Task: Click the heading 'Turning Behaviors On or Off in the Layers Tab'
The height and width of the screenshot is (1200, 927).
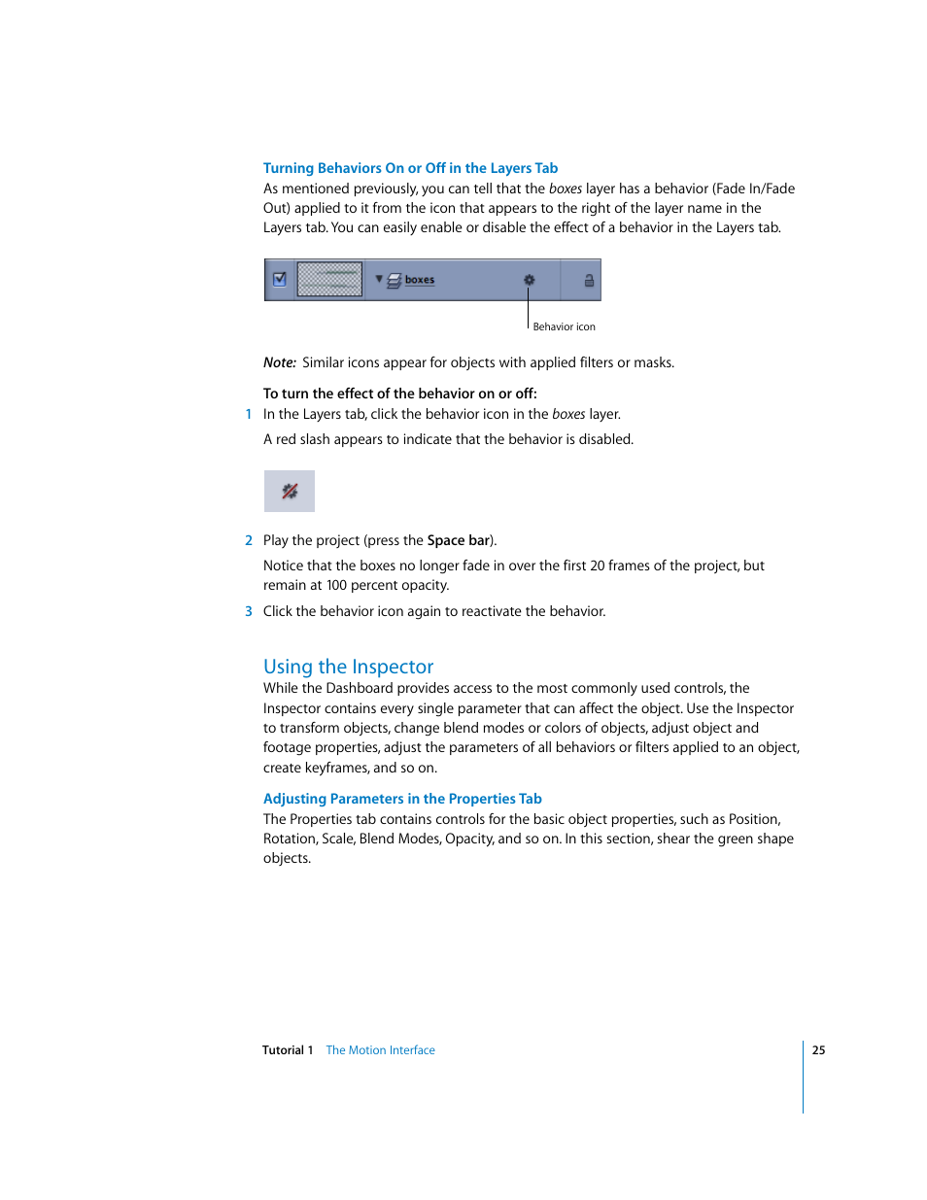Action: pyautogui.click(x=410, y=168)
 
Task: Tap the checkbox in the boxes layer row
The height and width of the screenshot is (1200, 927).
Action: pyautogui.click(x=280, y=279)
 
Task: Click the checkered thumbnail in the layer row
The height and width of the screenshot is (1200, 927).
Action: pyautogui.click(x=329, y=279)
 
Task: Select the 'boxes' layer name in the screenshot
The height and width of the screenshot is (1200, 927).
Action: pyautogui.click(x=420, y=280)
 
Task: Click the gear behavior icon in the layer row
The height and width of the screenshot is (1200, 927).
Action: pyautogui.click(x=530, y=280)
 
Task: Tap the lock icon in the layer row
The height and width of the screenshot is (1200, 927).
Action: pyautogui.click(x=589, y=280)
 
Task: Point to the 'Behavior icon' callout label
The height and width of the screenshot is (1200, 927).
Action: pyautogui.click(x=564, y=326)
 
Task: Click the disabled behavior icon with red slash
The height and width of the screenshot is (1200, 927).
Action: pyautogui.click(x=290, y=491)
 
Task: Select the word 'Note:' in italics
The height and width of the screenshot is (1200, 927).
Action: pyautogui.click(x=280, y=362)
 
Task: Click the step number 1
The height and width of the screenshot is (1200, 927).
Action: pyautogui.click(x=249, y=414)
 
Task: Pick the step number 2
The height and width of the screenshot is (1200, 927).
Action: pyautogui.click(x=249, y=540)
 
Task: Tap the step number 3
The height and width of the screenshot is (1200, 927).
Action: pyautogui.click(x=249, y=611)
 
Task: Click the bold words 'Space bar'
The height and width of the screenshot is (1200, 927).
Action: pyautogui.click(x=459, y=540)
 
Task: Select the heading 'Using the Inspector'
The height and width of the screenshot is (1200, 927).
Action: pyautogui.click(x=348, y=667)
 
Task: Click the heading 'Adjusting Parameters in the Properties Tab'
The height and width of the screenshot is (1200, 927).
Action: pyautogui.click(x=402, y=799)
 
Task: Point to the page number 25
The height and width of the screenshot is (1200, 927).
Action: pyautogui.click(x=819, y=1050)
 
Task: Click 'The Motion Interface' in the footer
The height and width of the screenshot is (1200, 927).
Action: pyautogui.click(x=380, y=1050)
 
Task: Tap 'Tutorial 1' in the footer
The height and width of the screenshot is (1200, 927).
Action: pyautogui.click(x=288, y=1050)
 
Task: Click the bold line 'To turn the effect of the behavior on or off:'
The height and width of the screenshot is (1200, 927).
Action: pyautogui.click(x=399, y=394)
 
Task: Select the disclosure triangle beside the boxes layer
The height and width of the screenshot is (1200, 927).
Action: pyautogui.click(x=379, y=279)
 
